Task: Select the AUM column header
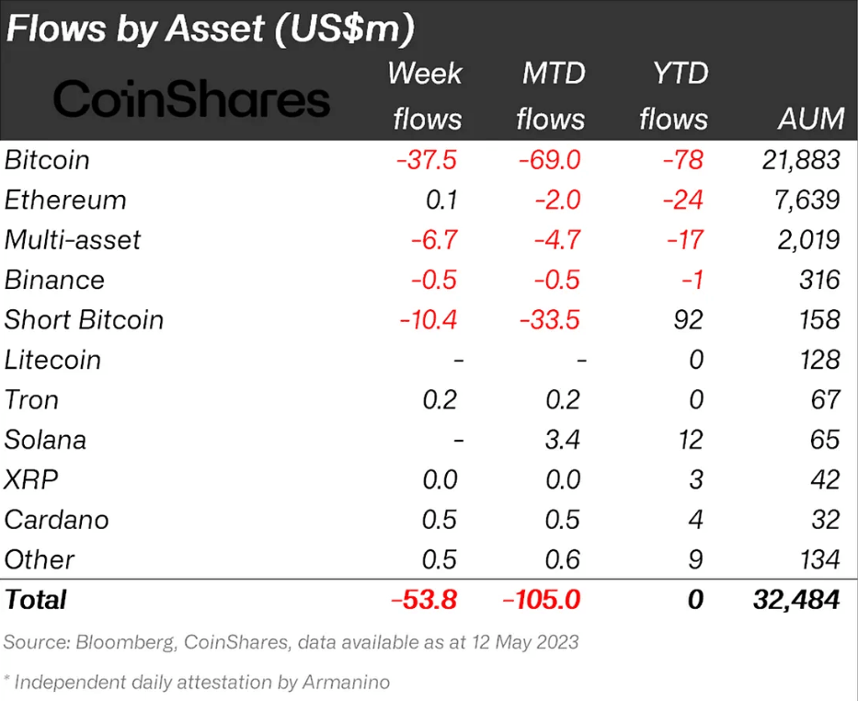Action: [809, 119]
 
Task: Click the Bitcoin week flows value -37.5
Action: [427, 160]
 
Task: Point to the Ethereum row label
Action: [65, 200]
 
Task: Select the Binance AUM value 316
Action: [818, 280]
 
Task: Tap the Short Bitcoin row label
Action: [84, 320]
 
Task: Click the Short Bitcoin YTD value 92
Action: [688, 320]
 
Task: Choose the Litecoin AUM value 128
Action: [818, 360]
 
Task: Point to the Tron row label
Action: [31, 400]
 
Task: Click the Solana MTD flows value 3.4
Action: [563, 440]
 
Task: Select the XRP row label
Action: [28, 479]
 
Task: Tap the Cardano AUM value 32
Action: [825, 519]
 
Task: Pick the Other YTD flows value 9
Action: [696, 559]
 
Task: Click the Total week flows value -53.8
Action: [424, 600]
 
